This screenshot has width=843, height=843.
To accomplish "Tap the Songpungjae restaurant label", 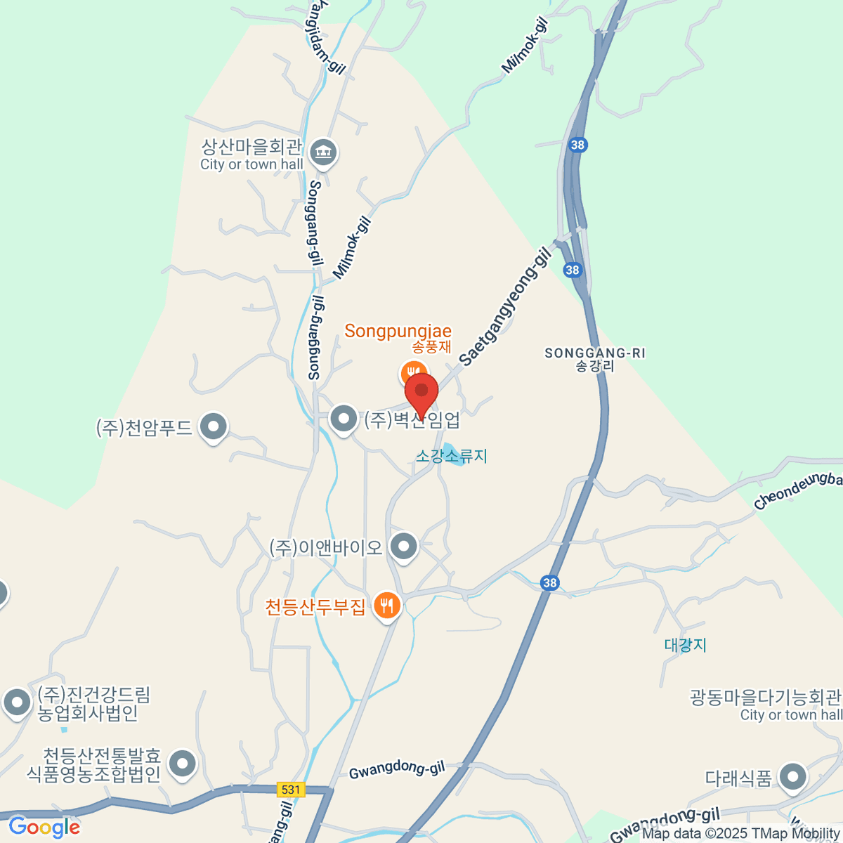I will click(398, 331).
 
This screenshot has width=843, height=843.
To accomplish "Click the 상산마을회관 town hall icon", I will click(323, 152).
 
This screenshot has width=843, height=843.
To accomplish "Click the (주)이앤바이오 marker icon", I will click(404, 547).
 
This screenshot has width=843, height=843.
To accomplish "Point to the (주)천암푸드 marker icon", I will click(213, 426).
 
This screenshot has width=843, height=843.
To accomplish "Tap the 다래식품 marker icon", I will click(794, 777).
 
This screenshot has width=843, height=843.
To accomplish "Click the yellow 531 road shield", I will click(291, 790).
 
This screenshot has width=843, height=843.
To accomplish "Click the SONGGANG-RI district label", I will click(595, 353).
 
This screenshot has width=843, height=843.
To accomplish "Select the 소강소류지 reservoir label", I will click(451, 456).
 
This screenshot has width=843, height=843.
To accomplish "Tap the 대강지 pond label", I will click(685, 645).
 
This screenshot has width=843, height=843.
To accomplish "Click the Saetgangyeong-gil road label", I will click(504, 306).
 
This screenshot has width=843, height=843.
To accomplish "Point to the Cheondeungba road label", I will click(797, 490).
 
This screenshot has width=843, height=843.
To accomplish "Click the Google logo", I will click(44, 827).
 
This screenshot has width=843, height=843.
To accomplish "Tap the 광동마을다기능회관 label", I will click(765, 698).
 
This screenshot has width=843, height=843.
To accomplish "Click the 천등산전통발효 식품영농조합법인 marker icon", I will click(183, 764).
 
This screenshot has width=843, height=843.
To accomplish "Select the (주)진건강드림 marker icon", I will click(17, 702).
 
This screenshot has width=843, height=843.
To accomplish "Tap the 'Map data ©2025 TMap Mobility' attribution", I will click(740, 834).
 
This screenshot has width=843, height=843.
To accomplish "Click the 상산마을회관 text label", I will click(251, 147).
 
